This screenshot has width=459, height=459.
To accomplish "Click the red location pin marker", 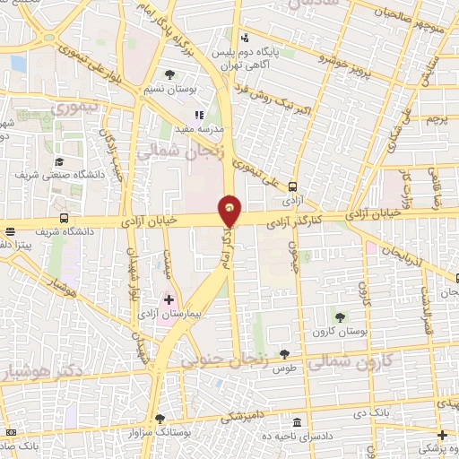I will pyautogui.click(x=230, y=210).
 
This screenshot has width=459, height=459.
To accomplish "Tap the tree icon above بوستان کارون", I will pyautogui.click(x=340, y=316).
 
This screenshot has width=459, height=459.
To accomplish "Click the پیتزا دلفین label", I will pyautogui.click(x=15, y=244).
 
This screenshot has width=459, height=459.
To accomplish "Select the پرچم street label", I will pyautogui.click(x=436, y=118).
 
